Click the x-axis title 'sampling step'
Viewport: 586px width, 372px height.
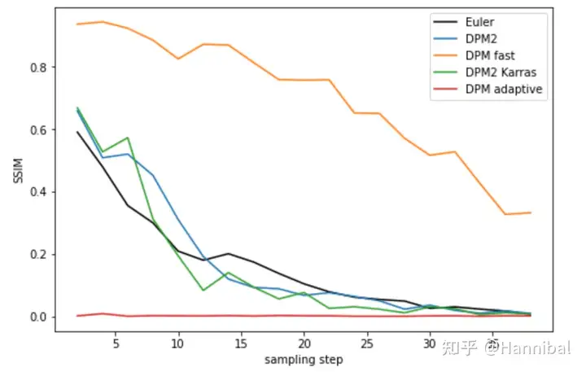[303, 359]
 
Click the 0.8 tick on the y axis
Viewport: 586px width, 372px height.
[37, 67]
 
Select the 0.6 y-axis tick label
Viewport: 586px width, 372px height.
[37, 129]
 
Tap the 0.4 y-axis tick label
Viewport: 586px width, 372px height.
[37, 192]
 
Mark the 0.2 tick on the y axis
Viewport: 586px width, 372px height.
[37, 255]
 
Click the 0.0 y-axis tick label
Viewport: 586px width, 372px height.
[37, 317]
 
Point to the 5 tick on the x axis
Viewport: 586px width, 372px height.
[115, 343]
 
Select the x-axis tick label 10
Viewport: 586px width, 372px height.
[177, 343]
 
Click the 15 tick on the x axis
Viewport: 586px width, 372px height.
[240, 343]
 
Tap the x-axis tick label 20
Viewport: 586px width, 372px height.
[304, 343]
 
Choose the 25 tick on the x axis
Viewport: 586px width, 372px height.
[366, 343]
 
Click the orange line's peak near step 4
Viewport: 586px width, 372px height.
[102, 22]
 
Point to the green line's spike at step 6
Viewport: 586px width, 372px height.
[127, 138]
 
